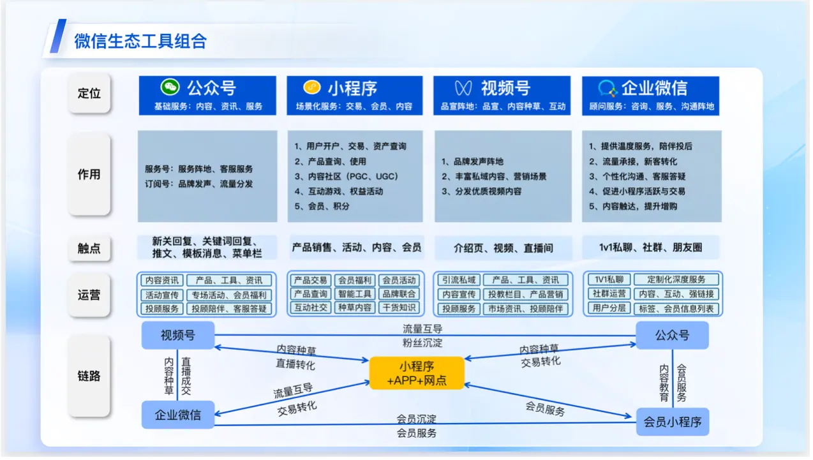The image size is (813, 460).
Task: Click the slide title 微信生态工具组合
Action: coord(140,41)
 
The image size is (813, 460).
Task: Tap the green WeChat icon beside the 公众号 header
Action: coord(170,87)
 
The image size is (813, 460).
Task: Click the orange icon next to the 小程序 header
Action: coord(312,87)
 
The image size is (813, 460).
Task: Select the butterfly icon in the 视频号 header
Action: coord(463,88)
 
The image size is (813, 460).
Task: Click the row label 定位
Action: coord(89,93)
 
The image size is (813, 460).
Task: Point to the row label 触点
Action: coord(89,248)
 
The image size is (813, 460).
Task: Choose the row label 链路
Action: coord(89,376)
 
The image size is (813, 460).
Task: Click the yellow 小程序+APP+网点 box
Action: coord(417,373)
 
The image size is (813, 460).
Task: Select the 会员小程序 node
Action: coord(673,422)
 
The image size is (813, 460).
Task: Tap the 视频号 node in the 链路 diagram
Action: coord(178,335)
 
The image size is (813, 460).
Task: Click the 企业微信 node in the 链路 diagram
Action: coord(178,415)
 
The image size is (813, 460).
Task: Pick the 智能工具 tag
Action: coord(355,294)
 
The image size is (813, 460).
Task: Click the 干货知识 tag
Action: coord(399,308)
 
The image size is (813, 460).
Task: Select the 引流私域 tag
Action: coord(459,280)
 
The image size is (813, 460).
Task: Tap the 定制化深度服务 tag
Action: coord(676,279)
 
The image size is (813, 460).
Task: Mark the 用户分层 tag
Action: coord(609,308)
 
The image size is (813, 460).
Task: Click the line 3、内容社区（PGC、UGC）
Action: coord(347,176)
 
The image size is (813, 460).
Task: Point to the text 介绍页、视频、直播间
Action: coord(503,248)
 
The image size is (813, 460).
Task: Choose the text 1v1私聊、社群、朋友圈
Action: coord(650,248)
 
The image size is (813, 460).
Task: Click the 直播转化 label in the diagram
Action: coord(295,364)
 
